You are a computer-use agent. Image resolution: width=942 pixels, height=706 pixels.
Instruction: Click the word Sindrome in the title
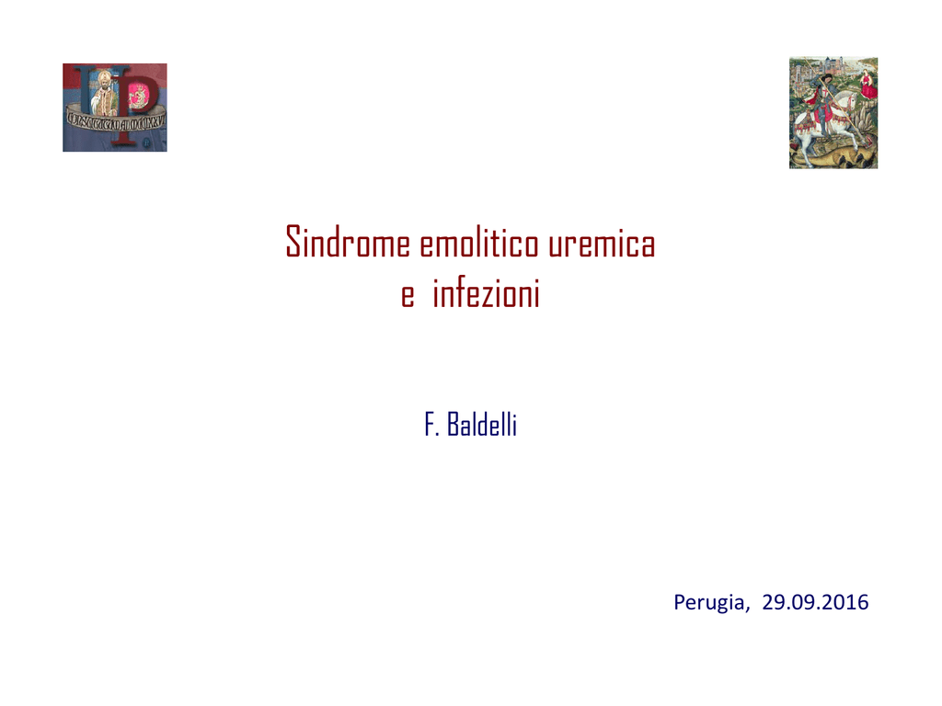348,242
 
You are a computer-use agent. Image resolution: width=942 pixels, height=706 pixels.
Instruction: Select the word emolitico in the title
478,243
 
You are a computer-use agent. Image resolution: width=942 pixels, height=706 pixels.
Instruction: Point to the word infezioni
486,293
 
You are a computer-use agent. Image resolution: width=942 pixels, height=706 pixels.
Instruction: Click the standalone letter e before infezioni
408,296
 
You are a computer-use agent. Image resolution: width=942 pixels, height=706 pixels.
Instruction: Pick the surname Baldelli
482,425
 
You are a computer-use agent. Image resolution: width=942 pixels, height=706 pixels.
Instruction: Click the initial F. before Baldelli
432,425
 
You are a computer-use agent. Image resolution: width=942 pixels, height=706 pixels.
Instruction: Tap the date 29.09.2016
815,601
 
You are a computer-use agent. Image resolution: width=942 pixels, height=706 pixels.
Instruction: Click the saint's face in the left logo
106,82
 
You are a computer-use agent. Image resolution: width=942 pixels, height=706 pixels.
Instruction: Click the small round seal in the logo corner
146,143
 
